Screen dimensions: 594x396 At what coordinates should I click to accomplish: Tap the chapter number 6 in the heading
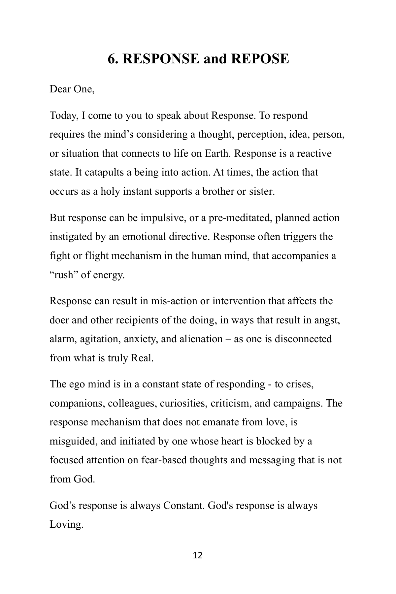tap(111, 59)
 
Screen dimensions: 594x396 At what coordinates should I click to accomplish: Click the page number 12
tap(197, 555)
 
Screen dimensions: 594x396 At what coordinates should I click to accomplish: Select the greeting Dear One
tap(72, 89)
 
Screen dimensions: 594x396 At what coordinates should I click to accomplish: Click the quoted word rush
tap(64, 275)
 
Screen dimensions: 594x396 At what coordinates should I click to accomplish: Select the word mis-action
tap(174, 301)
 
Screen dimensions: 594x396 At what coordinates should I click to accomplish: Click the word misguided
tap(73, 441)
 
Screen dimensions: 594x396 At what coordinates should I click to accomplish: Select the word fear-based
tap(164, 460)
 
